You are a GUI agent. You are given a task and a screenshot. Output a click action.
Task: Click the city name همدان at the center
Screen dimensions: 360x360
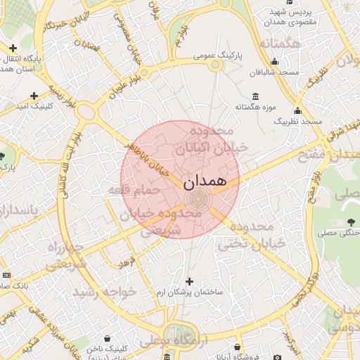click(206, 183)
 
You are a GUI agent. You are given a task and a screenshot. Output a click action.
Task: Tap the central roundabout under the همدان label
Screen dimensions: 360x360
click(199, 198)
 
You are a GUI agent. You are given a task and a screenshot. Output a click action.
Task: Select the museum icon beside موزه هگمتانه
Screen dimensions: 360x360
click(254, 96)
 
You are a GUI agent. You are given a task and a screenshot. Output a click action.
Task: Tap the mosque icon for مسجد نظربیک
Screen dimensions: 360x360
click(297, 110)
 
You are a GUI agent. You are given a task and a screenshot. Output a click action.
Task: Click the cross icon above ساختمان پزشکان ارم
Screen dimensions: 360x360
click(189, 281)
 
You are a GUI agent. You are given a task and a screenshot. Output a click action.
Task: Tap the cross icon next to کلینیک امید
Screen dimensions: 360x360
click(34, 95)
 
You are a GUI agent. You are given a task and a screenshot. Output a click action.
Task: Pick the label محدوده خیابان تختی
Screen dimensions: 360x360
click(251, 236)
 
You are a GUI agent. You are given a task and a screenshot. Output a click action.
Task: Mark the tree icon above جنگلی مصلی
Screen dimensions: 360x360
click(350, 222)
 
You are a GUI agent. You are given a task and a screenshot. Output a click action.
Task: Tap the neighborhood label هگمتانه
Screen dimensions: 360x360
click(279, 44)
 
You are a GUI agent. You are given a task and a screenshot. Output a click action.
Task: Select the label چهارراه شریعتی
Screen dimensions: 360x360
click(65, 255)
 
